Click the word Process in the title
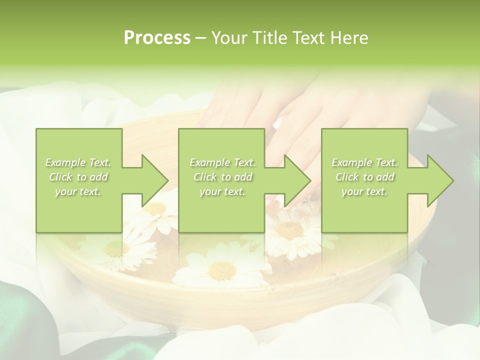coord(157,38)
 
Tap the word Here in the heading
coord(349,38)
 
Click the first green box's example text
coord(78,177)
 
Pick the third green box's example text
coord(364,177)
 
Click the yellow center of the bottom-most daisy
coord(222,270)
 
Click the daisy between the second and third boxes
coord(290,229)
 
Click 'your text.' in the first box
coord(78,191)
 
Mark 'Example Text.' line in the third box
coord(364,162)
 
